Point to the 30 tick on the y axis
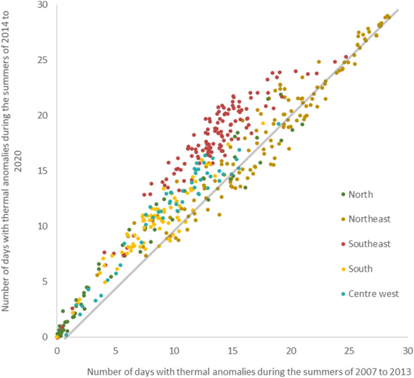43,5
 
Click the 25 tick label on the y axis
43,60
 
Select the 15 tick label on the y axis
43,171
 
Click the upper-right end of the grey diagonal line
399,10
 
